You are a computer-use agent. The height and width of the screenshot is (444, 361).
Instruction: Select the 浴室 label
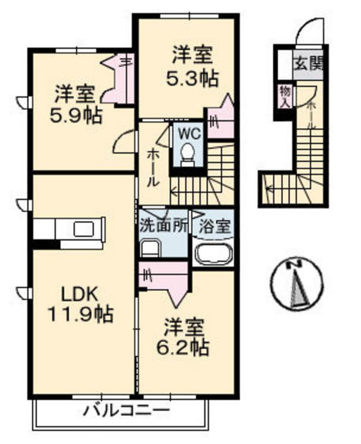coord(215,226)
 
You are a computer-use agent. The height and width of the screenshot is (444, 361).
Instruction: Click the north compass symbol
coord(297,284)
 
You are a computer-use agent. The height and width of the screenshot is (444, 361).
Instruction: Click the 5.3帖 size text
coord(192,78)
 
